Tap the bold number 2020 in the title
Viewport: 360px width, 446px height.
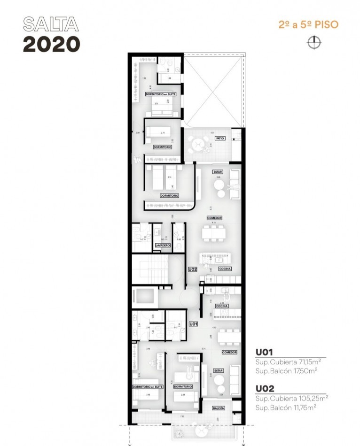tap(51, 44)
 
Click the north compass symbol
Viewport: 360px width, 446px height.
tap(313, 43)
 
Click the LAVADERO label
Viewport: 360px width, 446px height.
tap(163, 245)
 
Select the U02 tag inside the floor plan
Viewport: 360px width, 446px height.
tap(192, 269)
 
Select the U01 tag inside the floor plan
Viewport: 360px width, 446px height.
tap(193, 324)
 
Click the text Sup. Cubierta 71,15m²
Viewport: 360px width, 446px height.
tap(288, 361)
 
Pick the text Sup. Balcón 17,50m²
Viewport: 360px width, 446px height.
tap(287, 370)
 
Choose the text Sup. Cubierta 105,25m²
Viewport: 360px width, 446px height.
tap(291, 398)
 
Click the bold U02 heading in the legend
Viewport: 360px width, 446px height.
tap(265, 389)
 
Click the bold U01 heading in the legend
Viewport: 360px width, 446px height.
tap(264, 353)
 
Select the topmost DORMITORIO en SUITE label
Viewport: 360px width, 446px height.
tap(161, 94)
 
